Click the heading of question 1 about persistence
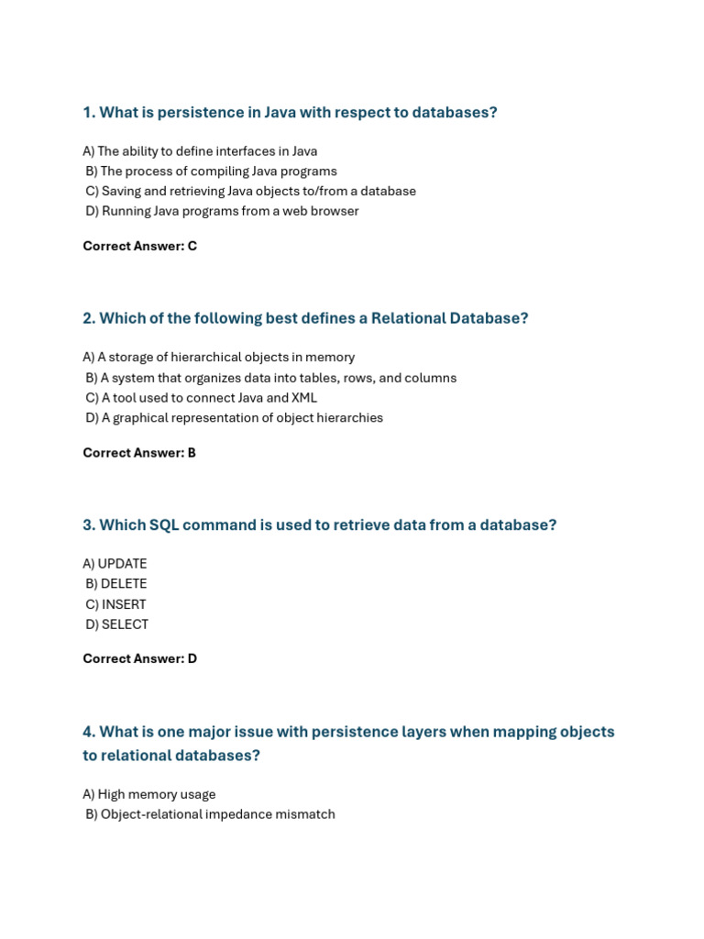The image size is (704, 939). pyautogui.click(x=290, y=113)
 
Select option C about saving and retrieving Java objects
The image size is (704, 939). pyautogui.click(x=250, y=191)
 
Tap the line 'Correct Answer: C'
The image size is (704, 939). pyautogui.click(x=139, y=246)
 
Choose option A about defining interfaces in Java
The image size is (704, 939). pyautogui.click(x=200, y=151)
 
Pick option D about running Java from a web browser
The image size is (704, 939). pyautogui.click(x=222, y=211)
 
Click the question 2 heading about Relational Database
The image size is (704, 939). pyautogui.click(x=305, y=318)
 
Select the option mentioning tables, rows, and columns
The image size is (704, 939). pyautogui.click(x=270, y=378)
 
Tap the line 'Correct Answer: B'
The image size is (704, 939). pyautogui.click(x=139, y=452)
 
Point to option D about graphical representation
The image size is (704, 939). pyautogui.click(x=234, y=418)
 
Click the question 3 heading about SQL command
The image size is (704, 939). pyautogui.click(x=319, y=525)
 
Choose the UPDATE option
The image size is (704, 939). pyautogui.click(x=115, y=564)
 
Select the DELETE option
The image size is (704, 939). pyautogui.click(x=115, y=584)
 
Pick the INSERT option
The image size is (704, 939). pyautogui.click(x=115, y=604)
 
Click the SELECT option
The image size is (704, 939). pyautogui.click(x=116, y=624)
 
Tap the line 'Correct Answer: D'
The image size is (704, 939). pyautogui.click(x=139, y=658)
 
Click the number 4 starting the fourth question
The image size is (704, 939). pyautogui.click(x=88, y=732)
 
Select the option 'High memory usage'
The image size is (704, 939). pyautogui.click(x=149, y=794)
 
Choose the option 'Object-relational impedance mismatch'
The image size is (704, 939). pyautogui.click(x=210, y=814)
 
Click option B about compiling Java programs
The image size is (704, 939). pyautogui.click(x=211, y=171)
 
